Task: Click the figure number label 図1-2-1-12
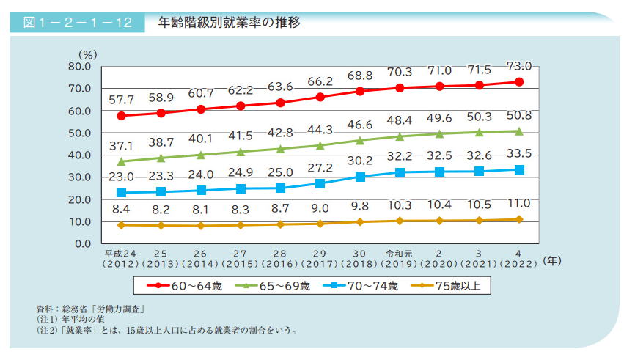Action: click(x=77, y=22)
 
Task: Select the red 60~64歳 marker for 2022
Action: click(x=519, y=82)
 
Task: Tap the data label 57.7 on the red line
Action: click(x=121, y=99)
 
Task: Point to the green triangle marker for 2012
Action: click(x=121, y=161)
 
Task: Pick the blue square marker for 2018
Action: click(x=359, y=177)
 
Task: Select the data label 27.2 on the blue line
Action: click(x=320, y=167)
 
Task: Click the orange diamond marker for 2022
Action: click(x=519, y=219)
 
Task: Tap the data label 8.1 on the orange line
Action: click(x=200, y=209)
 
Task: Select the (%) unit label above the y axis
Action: click(x=88, y=54)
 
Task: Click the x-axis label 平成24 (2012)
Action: click(x=121, y=257)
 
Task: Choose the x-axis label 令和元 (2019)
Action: click(x=399, y=257)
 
